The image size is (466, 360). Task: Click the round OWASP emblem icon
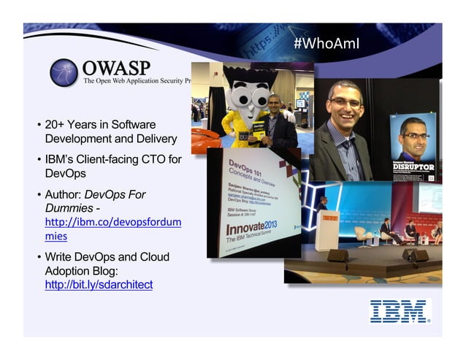coord(64,72)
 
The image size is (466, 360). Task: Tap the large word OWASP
coord(116,67)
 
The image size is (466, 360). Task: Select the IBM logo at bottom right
coord(399,310)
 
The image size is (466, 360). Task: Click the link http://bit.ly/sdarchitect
coord(99,285)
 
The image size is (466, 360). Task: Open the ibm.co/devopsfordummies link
coord(112,229)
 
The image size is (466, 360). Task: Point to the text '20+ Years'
coord(69,125)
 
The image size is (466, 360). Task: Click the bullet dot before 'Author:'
coord(39,195)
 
